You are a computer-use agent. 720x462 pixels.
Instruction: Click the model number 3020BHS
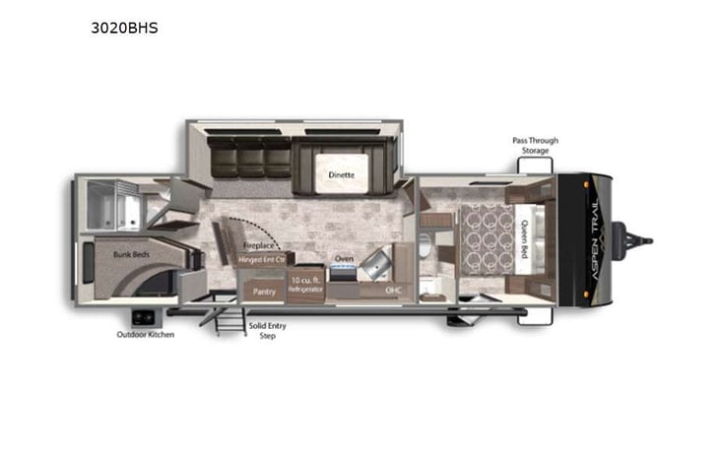click(x=123, y=29)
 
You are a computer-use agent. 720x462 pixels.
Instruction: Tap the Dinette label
click(x=342, y=175)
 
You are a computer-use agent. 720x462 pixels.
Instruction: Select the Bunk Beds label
click(x=128, y=253)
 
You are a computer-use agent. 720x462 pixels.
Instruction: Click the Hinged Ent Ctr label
click(x=261, y=260)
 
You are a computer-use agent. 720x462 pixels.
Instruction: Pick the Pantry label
click(x=263, y=292)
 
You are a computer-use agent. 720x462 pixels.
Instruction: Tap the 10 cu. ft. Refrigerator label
click(x=304, y=285)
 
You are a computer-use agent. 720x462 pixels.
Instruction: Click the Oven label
click(x=344, y=260)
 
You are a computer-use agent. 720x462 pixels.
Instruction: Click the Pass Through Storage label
click(x=535, y=145)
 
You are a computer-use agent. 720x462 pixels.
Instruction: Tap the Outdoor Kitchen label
click(x=145, y=335)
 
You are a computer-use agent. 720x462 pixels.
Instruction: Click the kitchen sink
click(x=371, y=262)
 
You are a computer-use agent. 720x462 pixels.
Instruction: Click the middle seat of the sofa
click(x=250, y=158)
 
